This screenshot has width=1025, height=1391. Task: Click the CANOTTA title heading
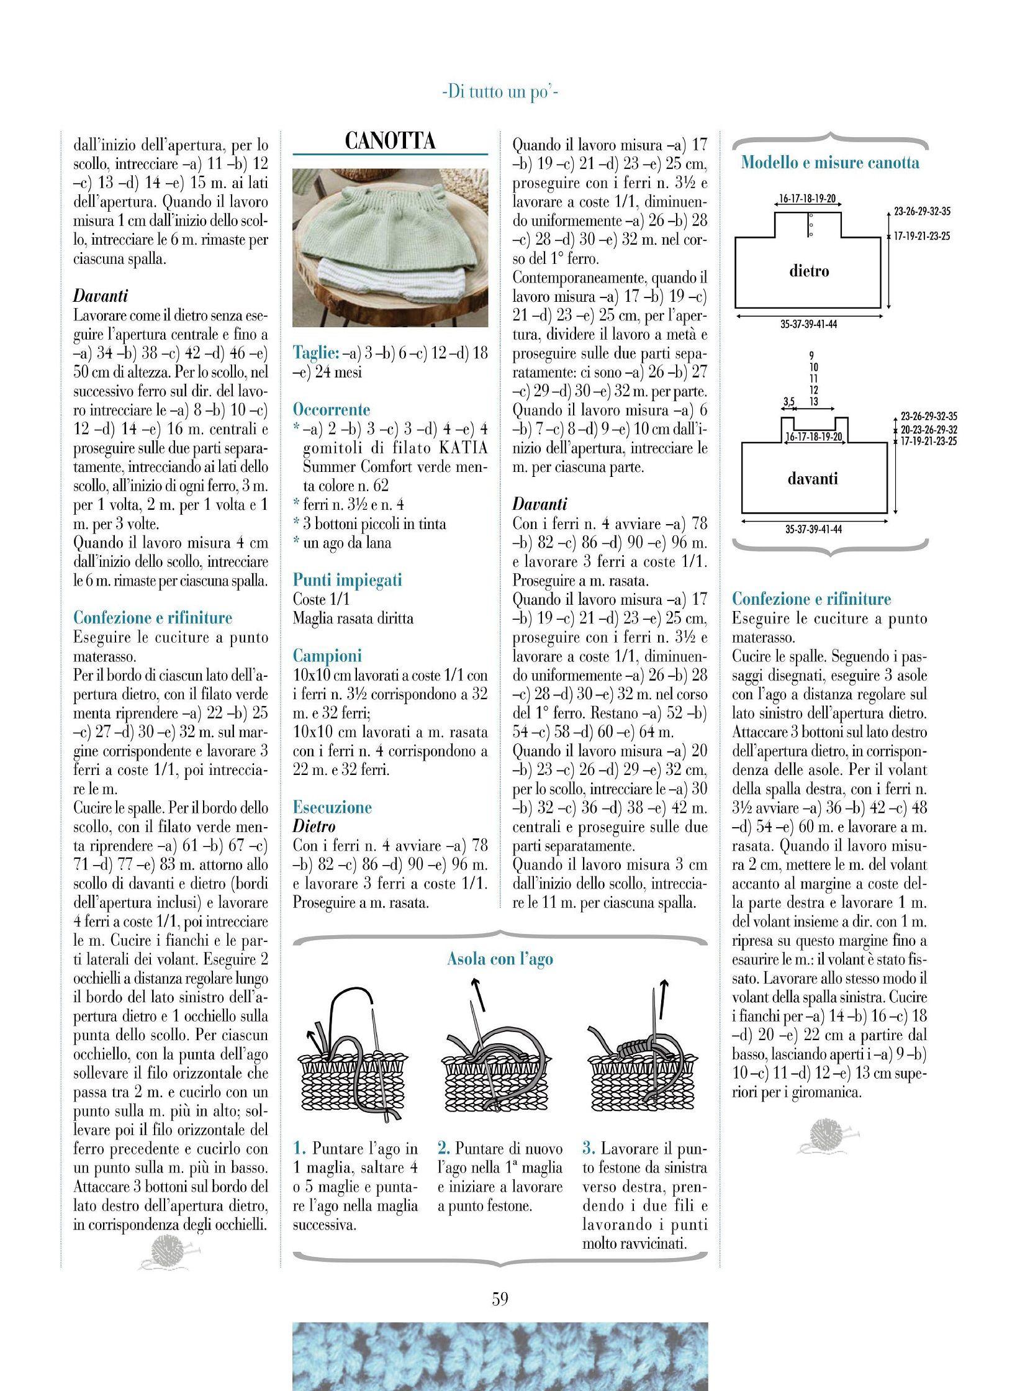click(x=390, y=142)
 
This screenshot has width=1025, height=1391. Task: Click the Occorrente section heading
click(x=332, y=410)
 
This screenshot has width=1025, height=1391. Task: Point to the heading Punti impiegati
click(x=348, y=580)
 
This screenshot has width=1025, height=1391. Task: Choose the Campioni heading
click(x=327, y=656)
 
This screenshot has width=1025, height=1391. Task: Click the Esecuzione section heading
click(x=332, y=807)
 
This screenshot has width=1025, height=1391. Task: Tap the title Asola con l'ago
click(x=500, y=959)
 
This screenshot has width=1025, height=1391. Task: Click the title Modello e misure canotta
click(x=830, y=163)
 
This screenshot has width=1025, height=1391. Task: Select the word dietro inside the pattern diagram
click(x=809, y=271)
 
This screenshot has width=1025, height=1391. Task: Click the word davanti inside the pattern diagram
click(x=813, y=479)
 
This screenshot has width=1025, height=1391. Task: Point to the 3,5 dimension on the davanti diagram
click(x=789, y=402)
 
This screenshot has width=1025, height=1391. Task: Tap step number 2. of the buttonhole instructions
click(x=443, y=1149)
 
